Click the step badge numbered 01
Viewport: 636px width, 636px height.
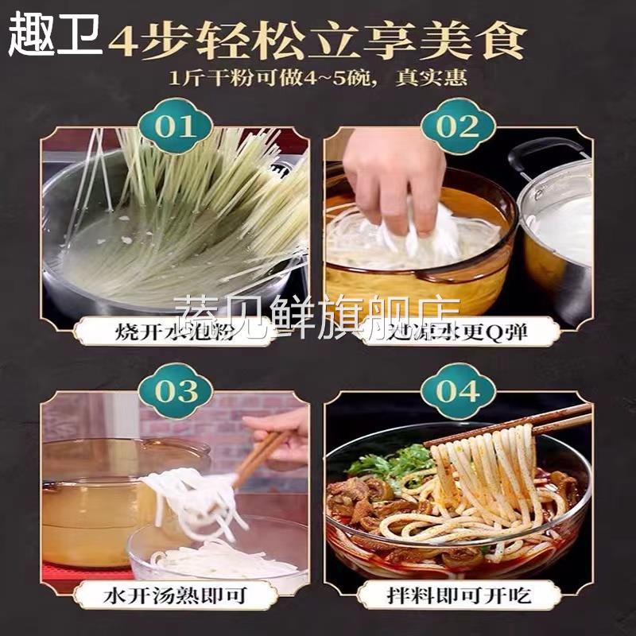176,126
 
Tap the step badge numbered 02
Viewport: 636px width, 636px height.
459,126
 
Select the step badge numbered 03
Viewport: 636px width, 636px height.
176,391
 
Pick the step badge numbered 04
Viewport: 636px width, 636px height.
459,391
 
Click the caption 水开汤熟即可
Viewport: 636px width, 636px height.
176,595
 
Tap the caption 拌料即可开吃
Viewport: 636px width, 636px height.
459,595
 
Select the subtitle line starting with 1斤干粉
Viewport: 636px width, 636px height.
318,79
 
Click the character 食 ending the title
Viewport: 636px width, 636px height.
505,41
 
